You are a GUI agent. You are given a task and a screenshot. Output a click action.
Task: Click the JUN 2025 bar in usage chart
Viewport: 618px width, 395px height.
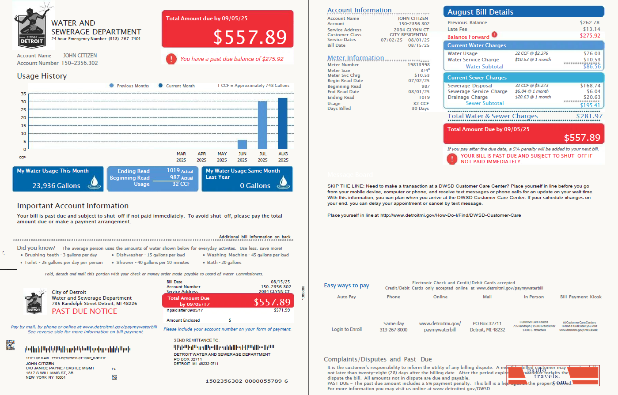point(242,144)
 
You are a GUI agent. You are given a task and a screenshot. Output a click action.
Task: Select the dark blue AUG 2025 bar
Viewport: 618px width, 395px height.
point(283,124)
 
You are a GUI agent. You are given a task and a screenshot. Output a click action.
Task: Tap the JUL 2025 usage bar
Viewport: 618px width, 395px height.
point(262,125)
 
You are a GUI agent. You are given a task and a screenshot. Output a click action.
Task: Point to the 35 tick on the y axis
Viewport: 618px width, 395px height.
point(23,94)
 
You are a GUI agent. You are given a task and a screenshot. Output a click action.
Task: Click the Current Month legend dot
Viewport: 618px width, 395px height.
point(160,86)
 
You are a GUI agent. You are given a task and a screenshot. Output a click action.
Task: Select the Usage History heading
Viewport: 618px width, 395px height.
point(42,76)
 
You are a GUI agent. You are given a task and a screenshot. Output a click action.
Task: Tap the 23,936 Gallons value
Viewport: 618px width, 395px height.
point(56,186)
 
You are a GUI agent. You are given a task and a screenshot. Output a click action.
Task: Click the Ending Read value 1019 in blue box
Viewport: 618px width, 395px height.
point(173,170)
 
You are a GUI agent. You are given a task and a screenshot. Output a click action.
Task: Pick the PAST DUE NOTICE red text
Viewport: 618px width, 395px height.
point(84,311)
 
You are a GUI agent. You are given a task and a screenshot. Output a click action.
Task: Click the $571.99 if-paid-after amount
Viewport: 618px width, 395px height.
point(282,310)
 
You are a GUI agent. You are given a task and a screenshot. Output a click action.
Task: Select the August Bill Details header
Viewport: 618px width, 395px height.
point(480,12)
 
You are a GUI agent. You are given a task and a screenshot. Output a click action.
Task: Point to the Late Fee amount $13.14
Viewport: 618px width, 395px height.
point(591,29)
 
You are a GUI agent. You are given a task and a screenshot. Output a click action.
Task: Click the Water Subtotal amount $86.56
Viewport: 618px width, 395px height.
point(592,67)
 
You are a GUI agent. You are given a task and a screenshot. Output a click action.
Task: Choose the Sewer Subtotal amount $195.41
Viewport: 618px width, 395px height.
point(590,105)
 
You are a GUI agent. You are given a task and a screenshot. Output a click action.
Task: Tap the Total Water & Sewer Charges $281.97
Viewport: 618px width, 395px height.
point(589,116)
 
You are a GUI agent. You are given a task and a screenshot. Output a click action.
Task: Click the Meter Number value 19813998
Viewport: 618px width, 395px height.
point(418,65)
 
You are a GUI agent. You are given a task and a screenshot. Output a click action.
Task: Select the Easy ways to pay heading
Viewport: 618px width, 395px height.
point(346,286)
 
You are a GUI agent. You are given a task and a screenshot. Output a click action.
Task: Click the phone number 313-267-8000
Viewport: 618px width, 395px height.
point(393,330)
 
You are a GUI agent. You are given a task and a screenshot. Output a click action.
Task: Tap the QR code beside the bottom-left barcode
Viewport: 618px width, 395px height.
point(10,345)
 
